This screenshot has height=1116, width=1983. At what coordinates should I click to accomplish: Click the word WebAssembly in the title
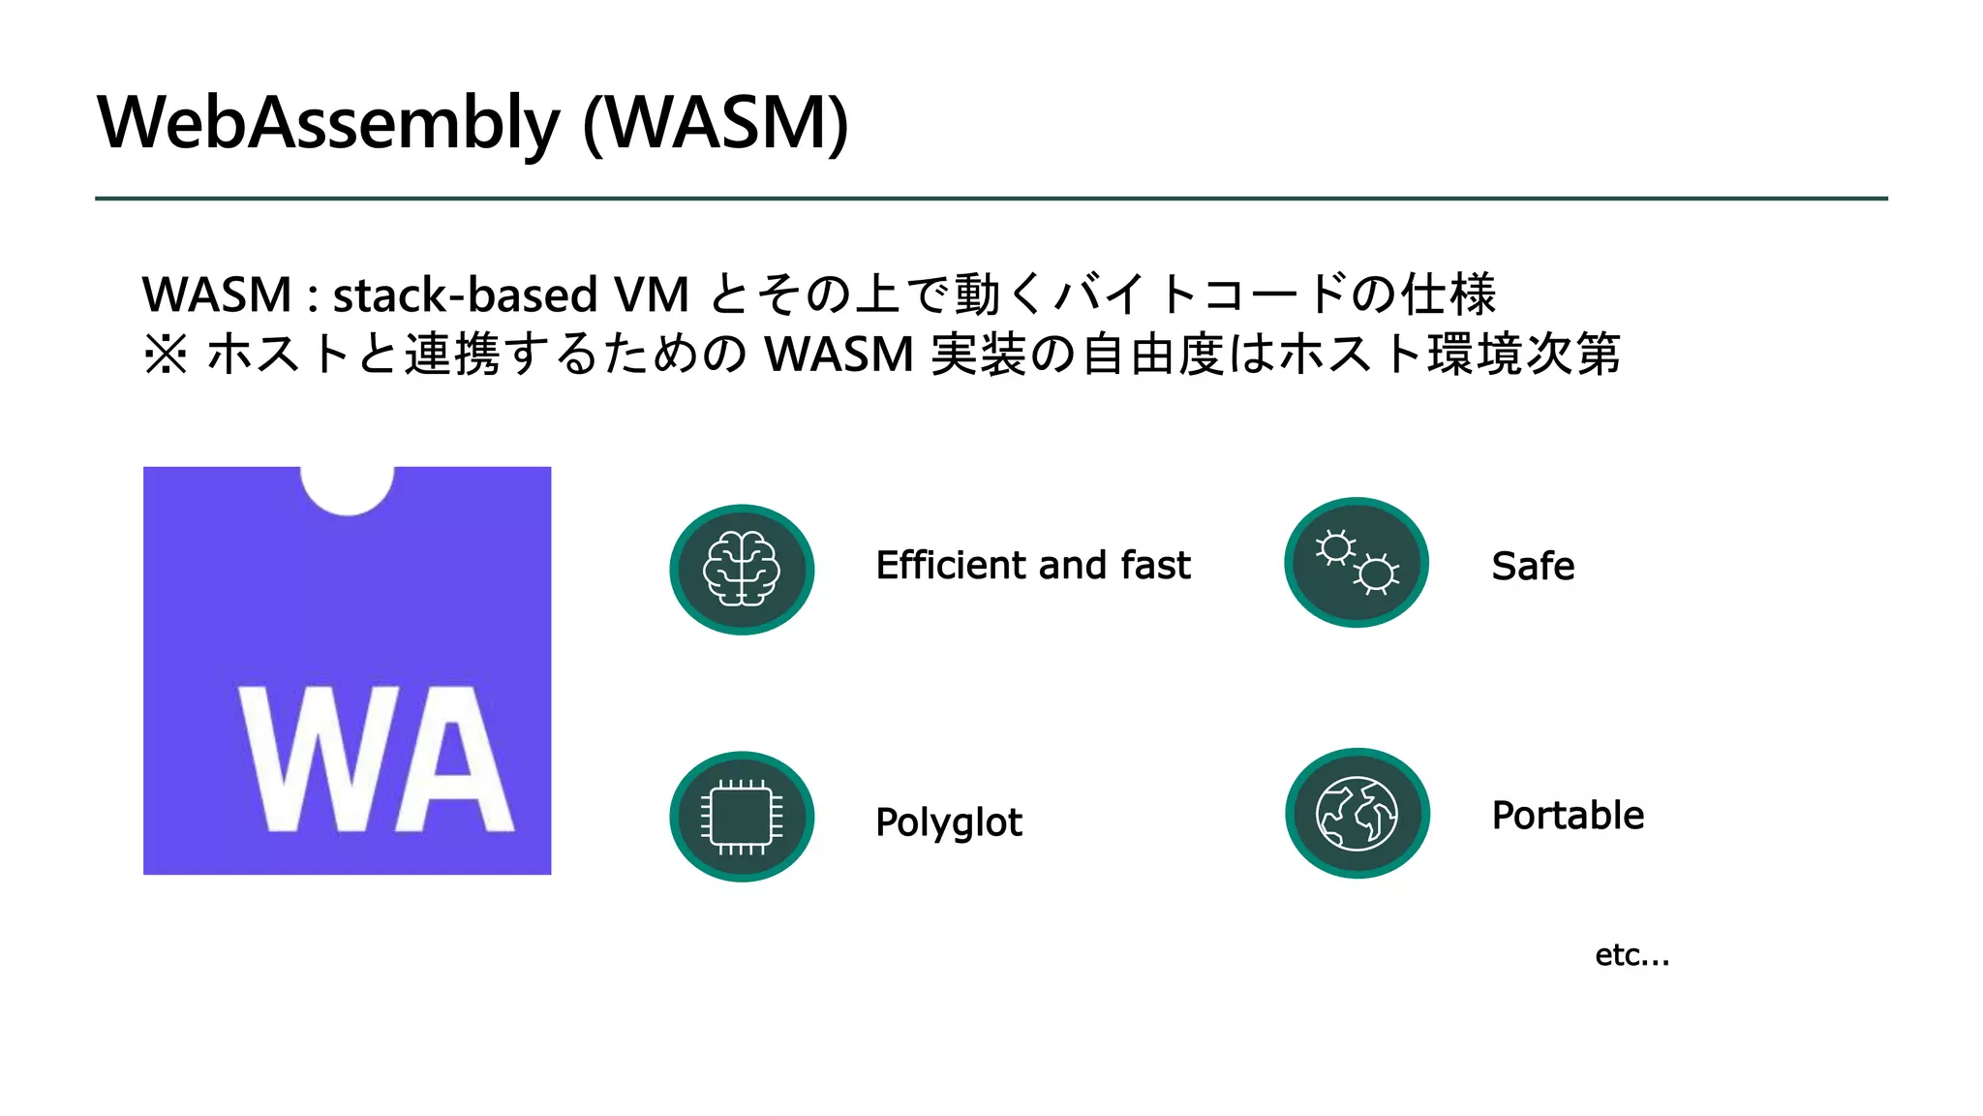coord(327,124)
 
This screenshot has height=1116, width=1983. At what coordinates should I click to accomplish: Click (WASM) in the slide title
coord(717,124)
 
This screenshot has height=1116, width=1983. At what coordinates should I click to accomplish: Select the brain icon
coord(742,570)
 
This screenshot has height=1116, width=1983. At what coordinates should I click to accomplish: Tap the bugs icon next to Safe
coord(1357,563)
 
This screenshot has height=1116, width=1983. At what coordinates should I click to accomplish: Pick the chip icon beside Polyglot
coord(742,817)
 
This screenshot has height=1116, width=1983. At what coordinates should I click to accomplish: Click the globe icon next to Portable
coord(1358,814)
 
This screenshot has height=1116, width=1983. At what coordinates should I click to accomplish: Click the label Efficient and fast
coord(1032,566)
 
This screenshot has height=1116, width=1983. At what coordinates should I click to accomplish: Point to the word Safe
coord(1533,567)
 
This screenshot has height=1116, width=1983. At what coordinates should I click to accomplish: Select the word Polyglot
coord(948,822)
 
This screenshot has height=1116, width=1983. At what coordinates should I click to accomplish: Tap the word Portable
coord(1568,816)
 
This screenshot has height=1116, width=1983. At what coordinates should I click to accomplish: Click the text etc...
coord(1632,955)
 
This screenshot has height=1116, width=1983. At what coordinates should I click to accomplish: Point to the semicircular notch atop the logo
coord(347,488)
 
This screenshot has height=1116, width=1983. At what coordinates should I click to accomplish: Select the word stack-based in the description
coord(465,295)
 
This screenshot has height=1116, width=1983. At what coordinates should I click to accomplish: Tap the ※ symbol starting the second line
coord(166,355)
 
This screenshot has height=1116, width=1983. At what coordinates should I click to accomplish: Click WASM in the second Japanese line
coord(839,355)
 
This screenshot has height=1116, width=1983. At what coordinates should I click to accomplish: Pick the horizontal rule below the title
coord(991,199)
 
